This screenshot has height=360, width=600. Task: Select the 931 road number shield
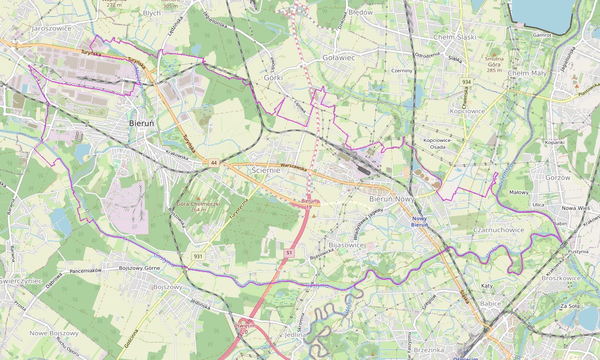197,256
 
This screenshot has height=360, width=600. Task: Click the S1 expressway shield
289,253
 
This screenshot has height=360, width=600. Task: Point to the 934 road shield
466,82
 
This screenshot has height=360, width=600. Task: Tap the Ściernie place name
265,170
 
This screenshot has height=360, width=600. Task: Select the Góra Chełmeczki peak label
198,206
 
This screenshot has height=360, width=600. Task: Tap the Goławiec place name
339,58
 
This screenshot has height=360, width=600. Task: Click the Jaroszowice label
52,28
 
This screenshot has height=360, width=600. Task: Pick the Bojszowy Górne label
140,268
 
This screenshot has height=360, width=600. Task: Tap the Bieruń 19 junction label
308,203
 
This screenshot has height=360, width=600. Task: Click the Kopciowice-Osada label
437,143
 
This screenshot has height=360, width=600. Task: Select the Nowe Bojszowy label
54,333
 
